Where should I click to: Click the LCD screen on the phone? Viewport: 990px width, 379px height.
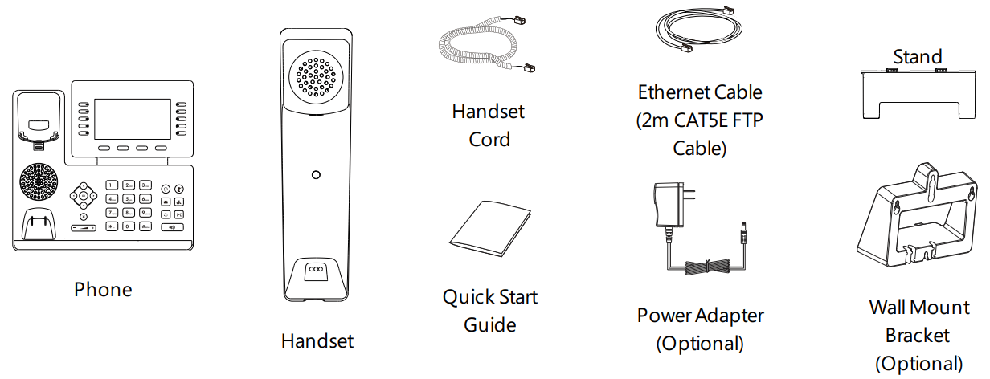pos(133,120)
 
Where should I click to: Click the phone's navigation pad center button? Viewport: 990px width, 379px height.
pos(83,194)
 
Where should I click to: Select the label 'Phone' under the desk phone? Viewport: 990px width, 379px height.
pos(103,289)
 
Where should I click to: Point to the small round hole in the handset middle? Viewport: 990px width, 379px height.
pos(317,174)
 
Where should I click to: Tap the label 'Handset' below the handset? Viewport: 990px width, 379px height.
pos(317,340)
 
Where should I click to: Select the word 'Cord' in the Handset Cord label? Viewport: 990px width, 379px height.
pos(489,140)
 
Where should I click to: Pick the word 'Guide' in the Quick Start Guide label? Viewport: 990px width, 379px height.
pos(489,325)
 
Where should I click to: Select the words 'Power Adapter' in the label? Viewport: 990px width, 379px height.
pos(700,315)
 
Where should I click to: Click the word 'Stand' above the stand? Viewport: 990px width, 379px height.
pos(917,57)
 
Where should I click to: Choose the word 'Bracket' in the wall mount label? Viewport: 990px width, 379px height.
pos(917,335)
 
